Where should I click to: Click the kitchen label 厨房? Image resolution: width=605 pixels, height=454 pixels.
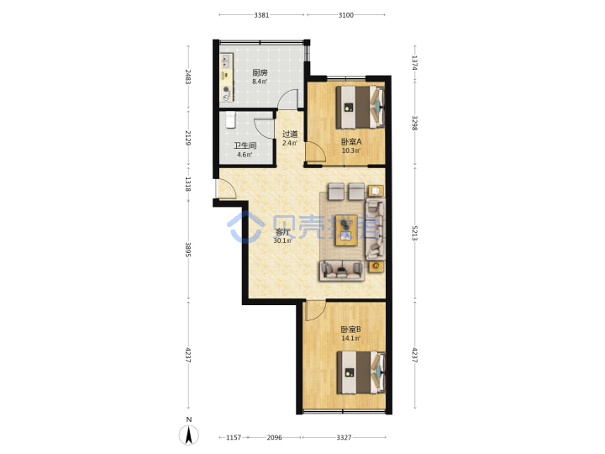[260, 72]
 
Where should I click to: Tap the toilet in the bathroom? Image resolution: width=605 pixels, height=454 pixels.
[230, 119]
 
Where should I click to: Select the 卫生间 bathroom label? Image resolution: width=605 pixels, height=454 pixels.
[245, 145]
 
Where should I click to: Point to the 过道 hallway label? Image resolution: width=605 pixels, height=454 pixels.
[290, 135]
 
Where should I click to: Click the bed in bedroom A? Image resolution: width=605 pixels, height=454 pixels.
[360, 107]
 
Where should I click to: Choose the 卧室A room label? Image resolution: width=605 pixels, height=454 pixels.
[351, 142]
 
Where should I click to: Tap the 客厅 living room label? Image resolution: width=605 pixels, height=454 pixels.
[282, 232]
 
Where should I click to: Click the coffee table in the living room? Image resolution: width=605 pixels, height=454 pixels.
[346, 230]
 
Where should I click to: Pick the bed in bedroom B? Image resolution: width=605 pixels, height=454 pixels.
[361, 372]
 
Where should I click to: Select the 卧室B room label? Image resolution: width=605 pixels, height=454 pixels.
[350, 330]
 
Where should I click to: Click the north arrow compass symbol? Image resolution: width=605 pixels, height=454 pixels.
[189, 436]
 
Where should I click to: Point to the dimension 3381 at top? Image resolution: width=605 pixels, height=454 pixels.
[261, 15]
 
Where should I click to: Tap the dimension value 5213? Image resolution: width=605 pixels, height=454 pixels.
[414, 233]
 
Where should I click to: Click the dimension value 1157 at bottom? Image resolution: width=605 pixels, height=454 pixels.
[234, 437]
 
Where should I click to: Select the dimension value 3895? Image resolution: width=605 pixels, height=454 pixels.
[188, 250]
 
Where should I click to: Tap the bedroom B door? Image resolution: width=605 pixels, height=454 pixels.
[315, 311]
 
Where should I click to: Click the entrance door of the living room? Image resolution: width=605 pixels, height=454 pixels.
[227, 189]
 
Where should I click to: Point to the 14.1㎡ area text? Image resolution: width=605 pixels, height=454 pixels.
[350, 338]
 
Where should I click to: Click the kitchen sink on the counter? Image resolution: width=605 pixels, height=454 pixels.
[226, 61]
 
